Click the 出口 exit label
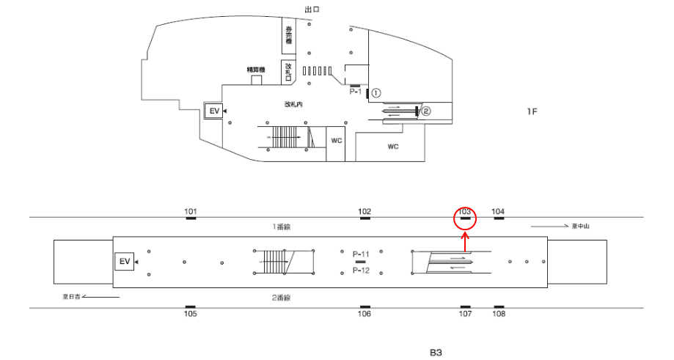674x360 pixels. (x=312, y=9)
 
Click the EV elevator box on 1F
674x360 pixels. (x=214, y=111)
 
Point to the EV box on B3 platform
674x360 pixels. (x=125, y=261)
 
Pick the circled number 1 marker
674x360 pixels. (x=376, y=93)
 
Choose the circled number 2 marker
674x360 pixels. (x=425, y=111)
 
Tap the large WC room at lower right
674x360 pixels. (x=392, y=147)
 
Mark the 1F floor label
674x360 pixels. (x=532, y=111)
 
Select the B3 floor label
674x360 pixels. (x=436, y=352)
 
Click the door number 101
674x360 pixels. (x=191, y=212)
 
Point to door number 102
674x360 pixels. (x=365, y=212)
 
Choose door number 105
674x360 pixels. (x=191, y=314)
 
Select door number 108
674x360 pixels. (x=499, y=314)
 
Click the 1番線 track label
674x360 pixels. (x=282, y=227)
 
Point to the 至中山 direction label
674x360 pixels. (x=581, y=226)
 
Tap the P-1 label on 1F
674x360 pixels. (x=356, y=92)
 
